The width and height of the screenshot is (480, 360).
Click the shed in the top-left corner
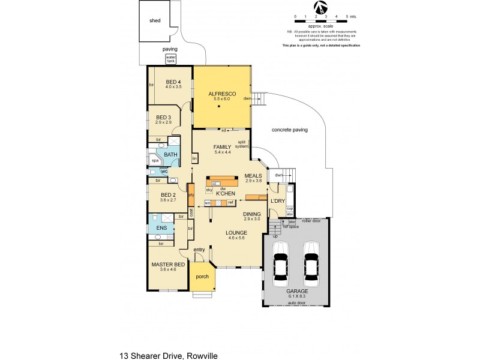[155, 20]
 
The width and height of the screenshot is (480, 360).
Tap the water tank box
[171, 59]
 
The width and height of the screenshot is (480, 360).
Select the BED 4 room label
[173, 82]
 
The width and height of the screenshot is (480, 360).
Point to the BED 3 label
[164, 118]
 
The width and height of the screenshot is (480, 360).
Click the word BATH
[171, 155]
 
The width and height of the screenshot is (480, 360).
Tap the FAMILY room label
[222, 147]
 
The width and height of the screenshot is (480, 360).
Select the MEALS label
[253, 176]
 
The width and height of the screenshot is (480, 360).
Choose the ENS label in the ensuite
[162, 228]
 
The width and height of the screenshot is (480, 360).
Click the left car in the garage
[281, 262]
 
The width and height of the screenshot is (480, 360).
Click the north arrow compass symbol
[322, 7]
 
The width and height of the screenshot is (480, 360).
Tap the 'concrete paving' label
[290, 130]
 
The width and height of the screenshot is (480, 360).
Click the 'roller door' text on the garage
[312, 221]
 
